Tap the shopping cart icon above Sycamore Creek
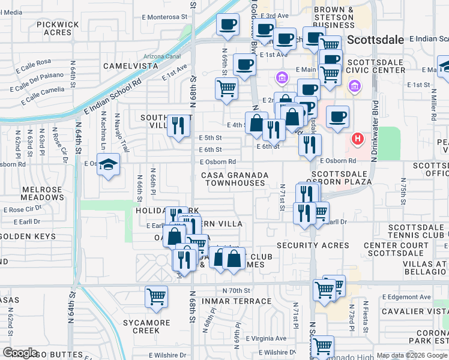point(156,296)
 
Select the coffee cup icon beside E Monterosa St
point(227,25)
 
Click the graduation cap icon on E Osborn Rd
point(108,165)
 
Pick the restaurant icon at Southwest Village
point(178,125)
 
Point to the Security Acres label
point(313,245)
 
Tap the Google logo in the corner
point(20,353)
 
